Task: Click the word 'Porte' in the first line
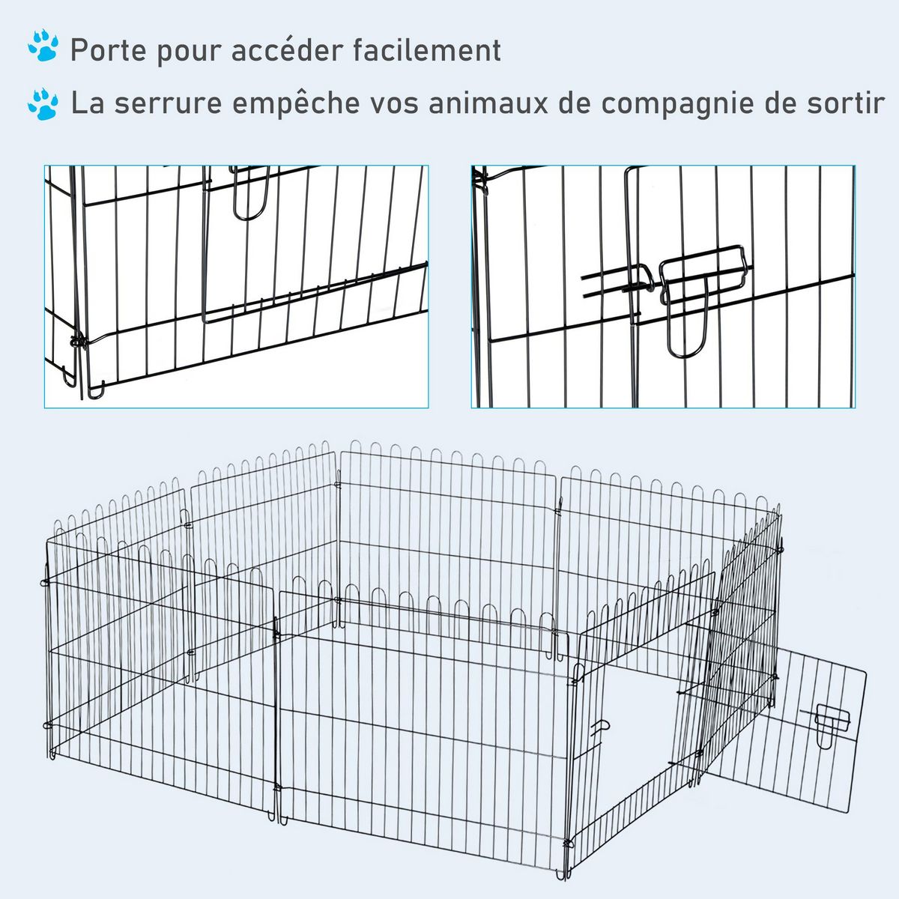tap(109, 50)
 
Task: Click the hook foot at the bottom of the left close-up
tap(96, 390)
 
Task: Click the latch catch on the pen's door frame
tap(599, 729)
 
